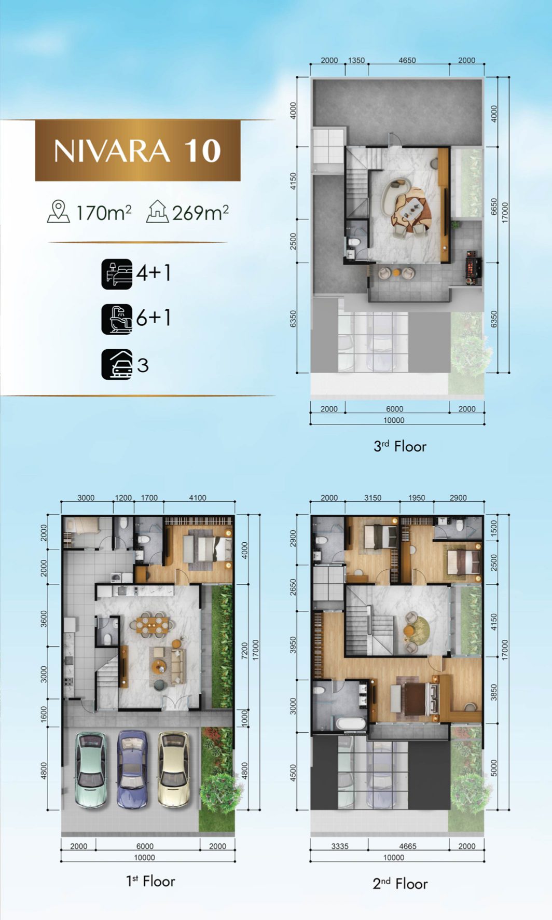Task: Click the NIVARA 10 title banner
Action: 137,150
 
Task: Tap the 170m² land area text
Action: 104,213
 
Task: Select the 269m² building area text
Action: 200,213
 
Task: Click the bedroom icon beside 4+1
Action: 117,274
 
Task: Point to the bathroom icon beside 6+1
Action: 117,319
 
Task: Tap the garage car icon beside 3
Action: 117,365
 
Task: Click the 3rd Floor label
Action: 400,446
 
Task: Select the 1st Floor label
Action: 150,881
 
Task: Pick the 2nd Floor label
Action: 400,884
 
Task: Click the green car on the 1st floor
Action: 91,770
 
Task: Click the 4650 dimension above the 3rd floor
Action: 407,60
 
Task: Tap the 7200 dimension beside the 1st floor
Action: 245,651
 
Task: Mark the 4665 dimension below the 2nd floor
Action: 407,846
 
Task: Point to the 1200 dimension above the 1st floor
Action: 123,498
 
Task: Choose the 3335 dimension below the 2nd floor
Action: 340,846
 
